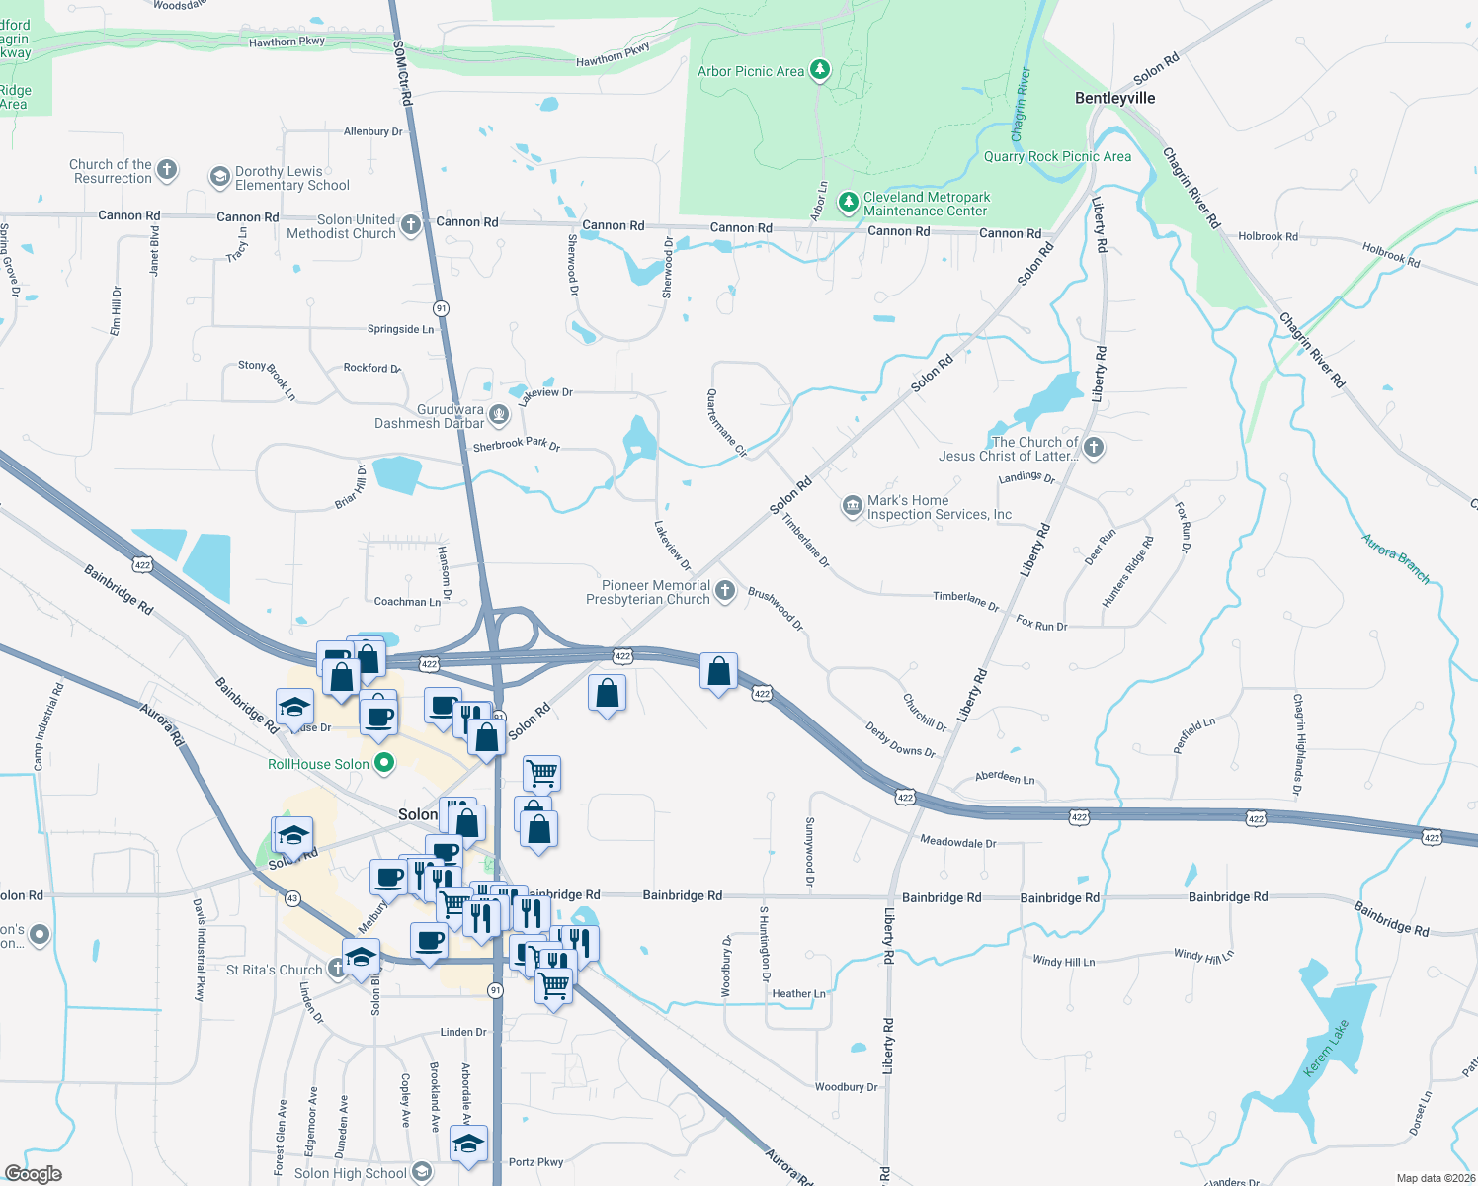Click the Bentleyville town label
click(x=1114, y=98)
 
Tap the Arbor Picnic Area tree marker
click(x=819, y=70)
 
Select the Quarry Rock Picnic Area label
click(x=1057, y=156)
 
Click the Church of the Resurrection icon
click(x=167, y=170)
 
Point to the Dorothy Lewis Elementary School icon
click(x=220, y=177)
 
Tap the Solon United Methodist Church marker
click(x=411, y=225)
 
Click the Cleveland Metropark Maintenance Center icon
click(x=848, y=203)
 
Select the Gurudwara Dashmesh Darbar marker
click(x=499, y=415)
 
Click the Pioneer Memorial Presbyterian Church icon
click(x=725, y=591)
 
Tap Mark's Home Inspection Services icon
click(x=852, y=507)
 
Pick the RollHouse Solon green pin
click(x=384, y=763)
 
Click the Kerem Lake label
click(x=1325, y=1049)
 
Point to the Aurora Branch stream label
click(x=1395, y=557)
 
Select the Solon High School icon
click(x=422, y=1172)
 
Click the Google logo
click(x=33, y=1173)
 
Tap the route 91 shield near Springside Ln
click(x=442, y=308)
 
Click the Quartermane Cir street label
click(x=726, y=423)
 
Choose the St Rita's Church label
click(x=274, y=970)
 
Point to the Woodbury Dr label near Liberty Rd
click(x=846, y=1087)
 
